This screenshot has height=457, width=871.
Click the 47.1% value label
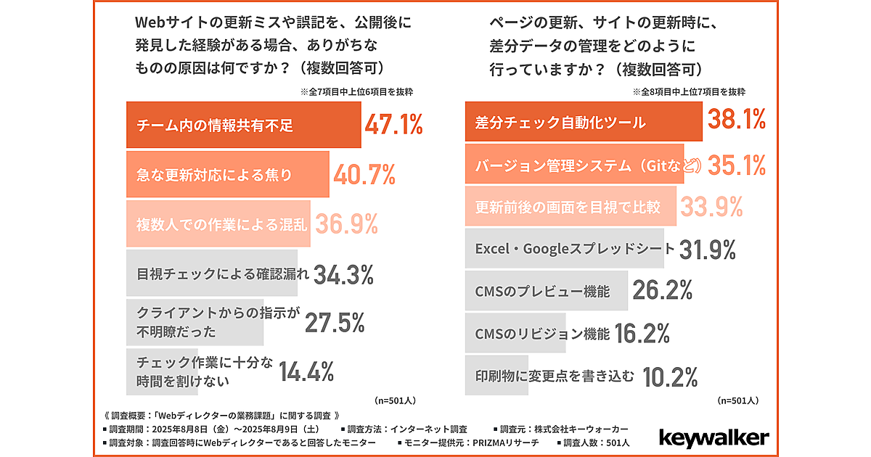pyautogui.click(x=393, y=125)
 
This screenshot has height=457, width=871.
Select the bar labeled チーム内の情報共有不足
pyautogui.click(x=243, y=125)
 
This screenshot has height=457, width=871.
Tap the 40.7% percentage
pyautogui.click(x=364, y=174)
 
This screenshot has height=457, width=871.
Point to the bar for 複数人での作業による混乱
pyautogui.click(x=218, y=224)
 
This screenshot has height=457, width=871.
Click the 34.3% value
pyautogui.click(x=344, y=274)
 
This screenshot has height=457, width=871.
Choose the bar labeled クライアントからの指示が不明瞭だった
pyautogui.click(x=194, y=323)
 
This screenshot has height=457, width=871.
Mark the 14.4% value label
pyautogui.click(x=306, y=371)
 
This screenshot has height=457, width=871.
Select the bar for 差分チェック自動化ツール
pyautogui.click(x=583, y=122)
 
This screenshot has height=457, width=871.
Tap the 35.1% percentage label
pyautogui.click(x=737, y=165)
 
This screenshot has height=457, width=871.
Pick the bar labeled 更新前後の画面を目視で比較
pyautogui.click(x=570, y=207)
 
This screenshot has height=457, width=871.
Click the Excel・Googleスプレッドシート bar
pyautogui.click(x=570, y=249)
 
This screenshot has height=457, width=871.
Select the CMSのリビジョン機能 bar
pyautogui.click(x=537, y=334)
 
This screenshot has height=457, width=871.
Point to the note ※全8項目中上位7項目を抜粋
pyautogui.click(x=689, y=93)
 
